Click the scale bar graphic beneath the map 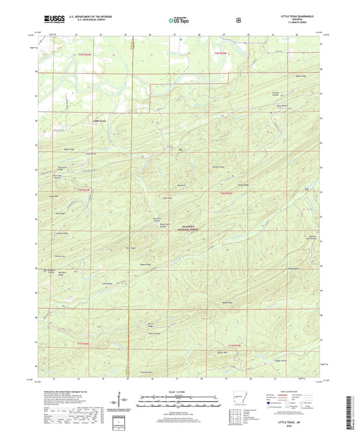click(x=179, y=404)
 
